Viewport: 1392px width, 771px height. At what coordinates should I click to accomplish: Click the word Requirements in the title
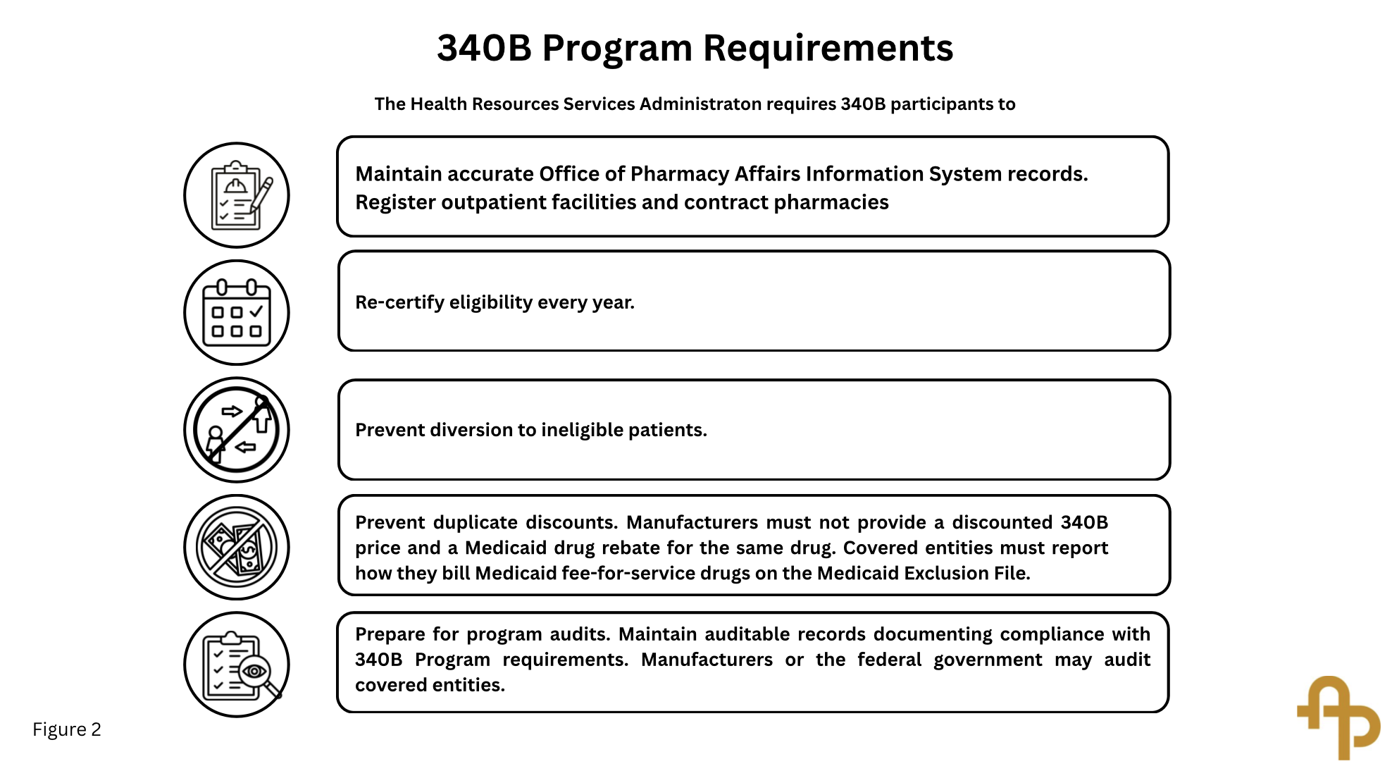pos(828,48)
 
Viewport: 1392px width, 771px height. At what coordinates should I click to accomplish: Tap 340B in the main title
pos(484,48)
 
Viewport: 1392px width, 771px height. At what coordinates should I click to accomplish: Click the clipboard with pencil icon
pos(237,195)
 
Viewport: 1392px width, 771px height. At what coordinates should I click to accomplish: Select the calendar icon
pos(237,312)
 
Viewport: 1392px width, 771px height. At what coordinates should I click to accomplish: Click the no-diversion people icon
pos(237,430)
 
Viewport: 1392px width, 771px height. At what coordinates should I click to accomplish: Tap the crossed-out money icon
pos(237,547)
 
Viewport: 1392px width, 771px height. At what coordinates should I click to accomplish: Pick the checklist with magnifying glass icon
pos(237,665)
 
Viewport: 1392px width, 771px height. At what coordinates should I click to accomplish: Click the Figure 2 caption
pos(67,729)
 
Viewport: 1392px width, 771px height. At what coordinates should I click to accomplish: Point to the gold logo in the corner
pos(1338,717)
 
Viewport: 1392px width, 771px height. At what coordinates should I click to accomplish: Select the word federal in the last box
pos(889,660)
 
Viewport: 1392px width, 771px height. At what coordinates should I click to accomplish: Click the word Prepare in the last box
pos(390,634)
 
